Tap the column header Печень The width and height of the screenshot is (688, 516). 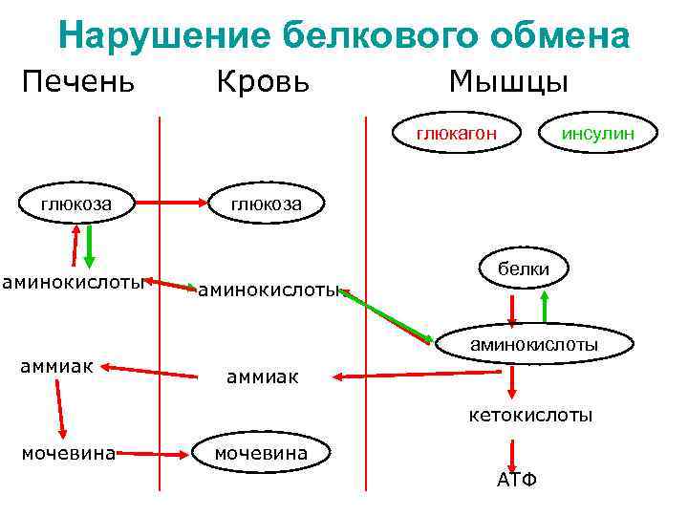click(x=78, y=80)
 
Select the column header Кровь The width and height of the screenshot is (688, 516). click(x=262, y=81)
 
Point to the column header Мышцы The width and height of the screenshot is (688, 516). click(x=508, y=80)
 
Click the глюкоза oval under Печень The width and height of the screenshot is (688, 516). click(x=75, y=203)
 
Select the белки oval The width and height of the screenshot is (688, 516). click(x=523, y=269)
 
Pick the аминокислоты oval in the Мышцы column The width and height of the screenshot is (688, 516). click(x=533, y=344)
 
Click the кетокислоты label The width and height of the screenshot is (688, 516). click(x=529, y=416)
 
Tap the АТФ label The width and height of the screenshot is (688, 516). click(x=516, y=479)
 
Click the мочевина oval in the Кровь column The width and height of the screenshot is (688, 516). click(x=261, y=452)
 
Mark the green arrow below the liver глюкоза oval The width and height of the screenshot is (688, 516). click(x=89, y=246)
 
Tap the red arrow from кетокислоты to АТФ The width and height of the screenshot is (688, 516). click(x=514, y=451)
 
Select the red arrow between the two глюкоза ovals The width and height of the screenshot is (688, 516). click(x=172, y=203)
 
